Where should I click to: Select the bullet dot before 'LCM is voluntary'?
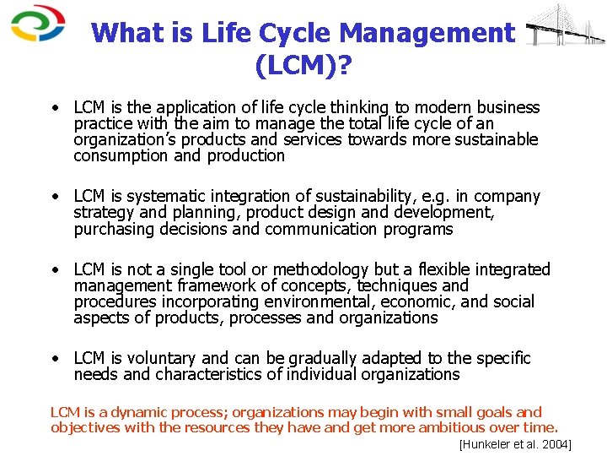point(54,359)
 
